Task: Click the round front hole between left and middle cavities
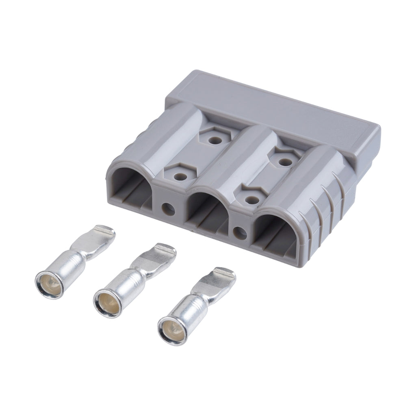click(x=168, y=209)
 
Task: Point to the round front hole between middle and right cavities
click(x=240, y=232)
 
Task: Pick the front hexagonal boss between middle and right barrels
click(x=252, y=199)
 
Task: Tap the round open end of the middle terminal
click(x=108, y=301)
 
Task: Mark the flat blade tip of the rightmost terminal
click(x=226, y=275)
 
